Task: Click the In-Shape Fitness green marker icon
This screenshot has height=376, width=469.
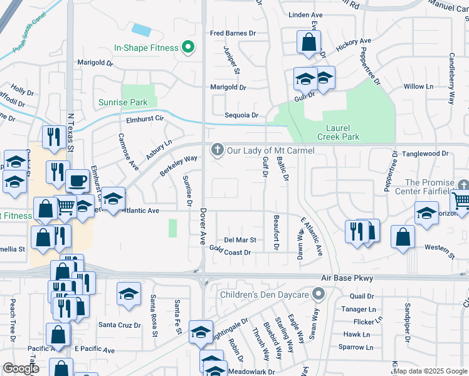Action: coord(187,47)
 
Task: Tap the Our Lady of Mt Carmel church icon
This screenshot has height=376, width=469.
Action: coord(218,150)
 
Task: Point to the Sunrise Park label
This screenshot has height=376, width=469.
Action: coord(123,102)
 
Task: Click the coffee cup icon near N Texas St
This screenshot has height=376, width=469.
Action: coord(77,180)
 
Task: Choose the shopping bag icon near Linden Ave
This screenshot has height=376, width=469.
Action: coord(308,43)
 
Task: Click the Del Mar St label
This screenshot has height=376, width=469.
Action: coord(240,240)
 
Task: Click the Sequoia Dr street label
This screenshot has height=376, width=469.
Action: coord(241,115)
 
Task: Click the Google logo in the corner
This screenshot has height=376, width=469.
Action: coord(21,368)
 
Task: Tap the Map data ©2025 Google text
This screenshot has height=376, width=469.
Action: coord(430,371)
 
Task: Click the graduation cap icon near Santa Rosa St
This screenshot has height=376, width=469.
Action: coord(129,293)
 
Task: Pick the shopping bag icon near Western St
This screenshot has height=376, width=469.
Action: coord(403,236)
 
